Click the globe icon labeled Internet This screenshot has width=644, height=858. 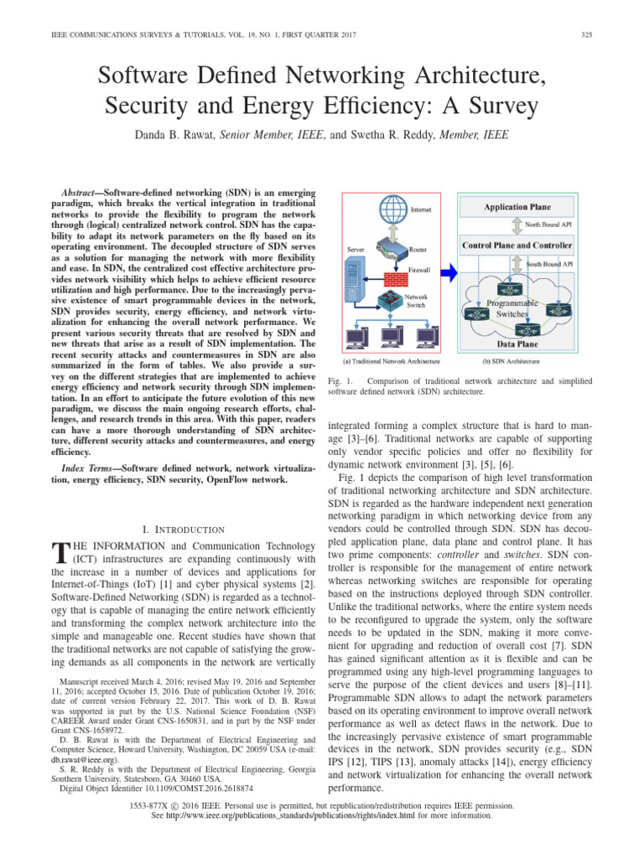tap(390, 208)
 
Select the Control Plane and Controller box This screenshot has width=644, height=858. tap(517, 246)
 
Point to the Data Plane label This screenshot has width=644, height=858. tap(517, 344)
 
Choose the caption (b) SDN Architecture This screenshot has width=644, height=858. tap(512, 362)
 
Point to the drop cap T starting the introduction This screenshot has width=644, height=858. tap(58, 553)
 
